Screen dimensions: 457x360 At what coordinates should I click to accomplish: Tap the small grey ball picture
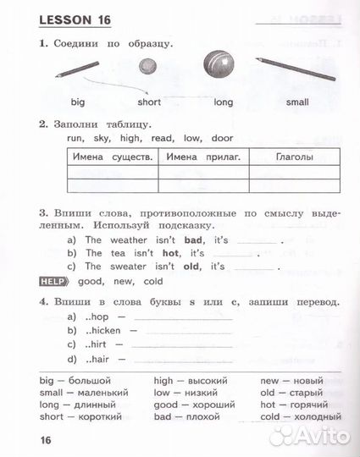click(x=150, y=66)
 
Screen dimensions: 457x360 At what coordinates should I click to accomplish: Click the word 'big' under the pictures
click(x=78, y=102)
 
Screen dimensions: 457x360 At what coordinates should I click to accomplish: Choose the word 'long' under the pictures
click(x=223, y=102)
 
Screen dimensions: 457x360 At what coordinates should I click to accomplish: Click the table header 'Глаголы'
click(x=294, y=157)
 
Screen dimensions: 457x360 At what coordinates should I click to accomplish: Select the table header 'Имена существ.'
click(x=111, y=157)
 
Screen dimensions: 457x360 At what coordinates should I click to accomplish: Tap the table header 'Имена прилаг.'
click(x=203, y=157)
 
